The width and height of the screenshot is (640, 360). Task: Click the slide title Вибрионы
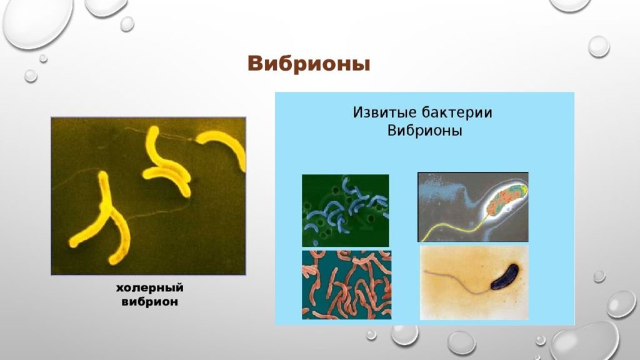click(309, 64)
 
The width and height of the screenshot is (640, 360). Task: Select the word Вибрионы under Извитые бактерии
click(424, 131)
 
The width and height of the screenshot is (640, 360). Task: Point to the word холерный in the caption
click(150, 288)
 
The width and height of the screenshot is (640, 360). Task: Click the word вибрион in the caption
click(150, 302)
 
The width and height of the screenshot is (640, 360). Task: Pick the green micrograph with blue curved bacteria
click(345, 210)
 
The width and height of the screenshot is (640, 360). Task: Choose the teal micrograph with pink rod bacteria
click(346, 284)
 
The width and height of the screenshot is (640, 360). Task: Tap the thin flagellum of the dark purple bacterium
click(457, 282)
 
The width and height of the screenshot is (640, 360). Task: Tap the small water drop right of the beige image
click(599, 276)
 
